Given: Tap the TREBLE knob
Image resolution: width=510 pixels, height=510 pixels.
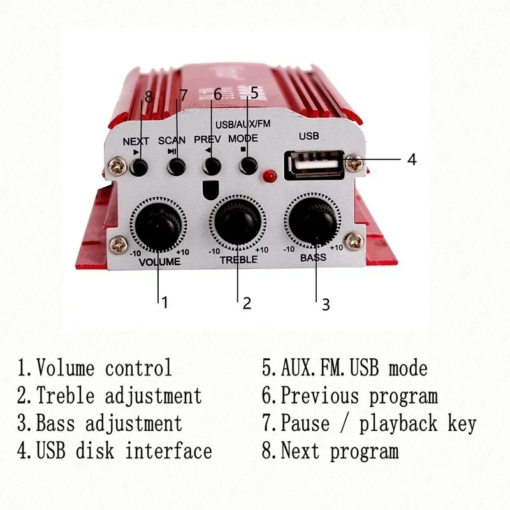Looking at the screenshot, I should (x=238, y=222).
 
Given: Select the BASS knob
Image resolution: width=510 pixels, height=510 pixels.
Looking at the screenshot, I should (x=314, y=222).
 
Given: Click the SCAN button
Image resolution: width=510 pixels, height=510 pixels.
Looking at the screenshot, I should (x=175, y=167).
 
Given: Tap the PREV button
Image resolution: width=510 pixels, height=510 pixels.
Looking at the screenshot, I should (x=211, y=166).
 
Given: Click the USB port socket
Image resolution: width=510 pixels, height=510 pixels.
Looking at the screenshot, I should (x=314, y=164).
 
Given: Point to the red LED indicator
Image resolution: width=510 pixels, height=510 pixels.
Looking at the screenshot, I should (x=270, y=175).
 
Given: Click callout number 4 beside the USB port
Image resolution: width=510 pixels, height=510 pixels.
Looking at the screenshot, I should (x=412, y=159).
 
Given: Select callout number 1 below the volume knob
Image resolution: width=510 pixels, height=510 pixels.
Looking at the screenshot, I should (x=164, y=302).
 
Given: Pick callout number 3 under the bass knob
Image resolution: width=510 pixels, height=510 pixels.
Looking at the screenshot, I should (x=325, y=305).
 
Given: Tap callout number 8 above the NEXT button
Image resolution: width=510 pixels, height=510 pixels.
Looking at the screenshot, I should (x=149, y=97).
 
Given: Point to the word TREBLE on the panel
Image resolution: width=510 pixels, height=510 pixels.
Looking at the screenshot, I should (x=238, y=259).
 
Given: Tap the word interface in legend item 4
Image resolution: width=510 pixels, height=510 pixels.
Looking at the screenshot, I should (x=168, y=451).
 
